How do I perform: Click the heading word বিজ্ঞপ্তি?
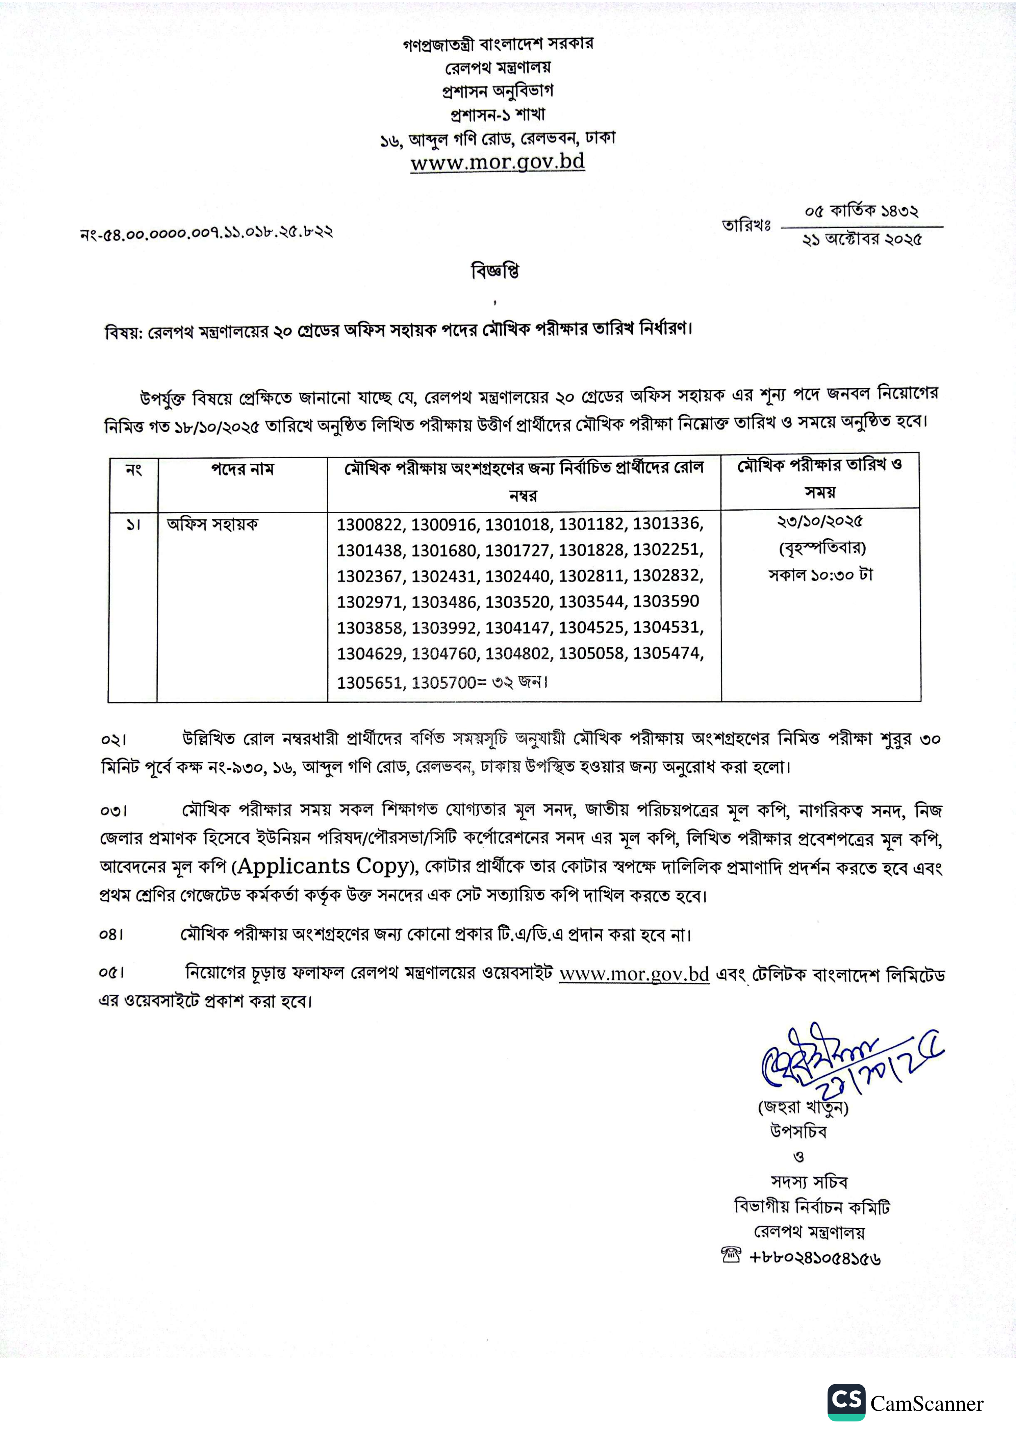click(x=495, y=271)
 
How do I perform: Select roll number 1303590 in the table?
click(x=666, y=602)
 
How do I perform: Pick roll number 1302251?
click(x=667, y=550)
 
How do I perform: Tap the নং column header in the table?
click(x=133, y=469)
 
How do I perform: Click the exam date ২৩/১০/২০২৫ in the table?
click(x=820, y=521)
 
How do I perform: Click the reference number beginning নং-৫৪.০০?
click(x=206, y=233)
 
